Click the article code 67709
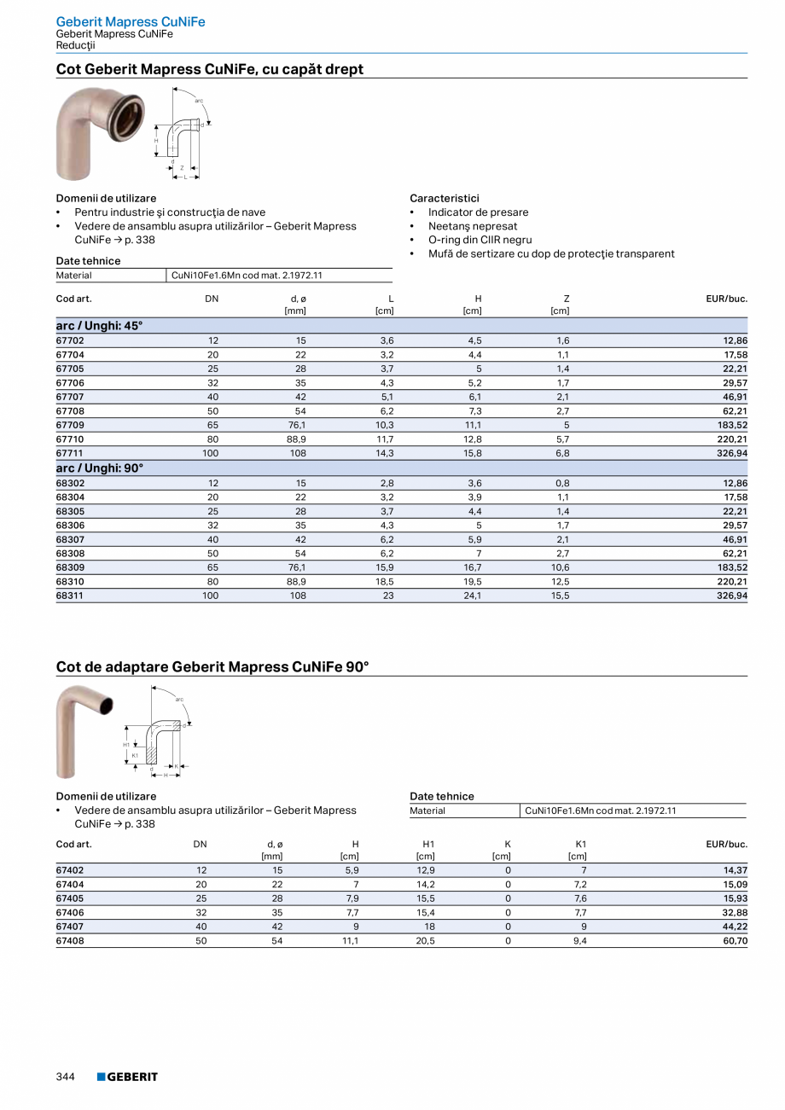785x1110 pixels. (x=70, y=425)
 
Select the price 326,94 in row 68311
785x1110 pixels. (x=731, y=596)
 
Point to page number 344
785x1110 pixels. (x=66, y=1077)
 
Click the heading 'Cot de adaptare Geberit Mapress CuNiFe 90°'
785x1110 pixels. (x=212, y=665)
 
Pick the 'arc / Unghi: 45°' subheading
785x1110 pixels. (x=100, y=326)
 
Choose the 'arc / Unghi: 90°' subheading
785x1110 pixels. (x=100, y=468)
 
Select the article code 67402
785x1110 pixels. (x=70, y=869)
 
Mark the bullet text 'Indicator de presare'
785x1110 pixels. (x=478, y=212)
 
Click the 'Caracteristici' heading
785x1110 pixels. (x=445, y=198)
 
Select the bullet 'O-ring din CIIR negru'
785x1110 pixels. (x=480, y=240)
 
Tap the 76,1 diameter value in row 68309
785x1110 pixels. (x=297, y=567)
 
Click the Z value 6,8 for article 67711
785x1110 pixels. (x=563, y=454)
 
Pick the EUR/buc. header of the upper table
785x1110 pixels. (x=726, y=299)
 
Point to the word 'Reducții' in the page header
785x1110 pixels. (x=76, y=45)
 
